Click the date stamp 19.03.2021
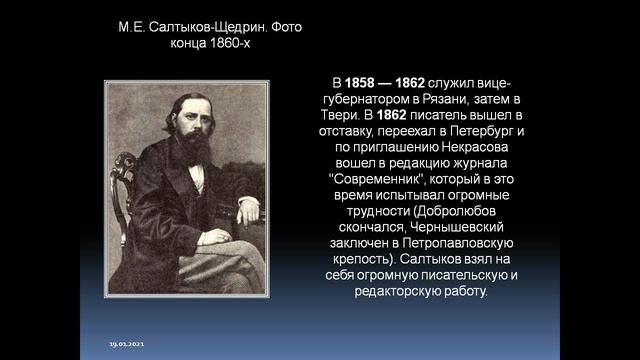click(x=127, y=345)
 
